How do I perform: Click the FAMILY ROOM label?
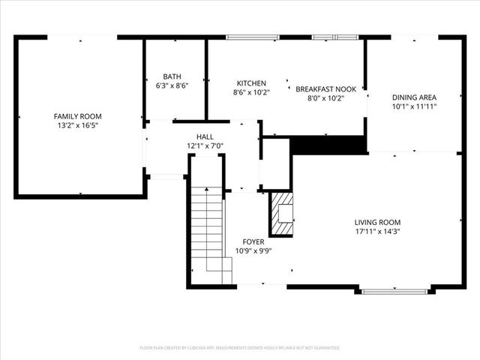(x=77, y=116)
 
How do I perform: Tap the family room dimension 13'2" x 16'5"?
(x=77, y=126)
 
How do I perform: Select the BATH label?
(x=172, y=76)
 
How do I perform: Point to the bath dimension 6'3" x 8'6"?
(x=172, y=85)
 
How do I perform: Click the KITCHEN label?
(x=251, y=82)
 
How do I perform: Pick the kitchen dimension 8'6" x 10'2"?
(x=251, y=92)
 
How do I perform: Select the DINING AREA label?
(x=414, y=97)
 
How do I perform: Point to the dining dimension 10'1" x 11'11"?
(x=414, y=106)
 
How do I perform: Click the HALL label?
(x=205, y=136)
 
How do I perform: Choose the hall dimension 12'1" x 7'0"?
(x=205, y=145)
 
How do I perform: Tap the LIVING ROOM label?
(x=377, y=222)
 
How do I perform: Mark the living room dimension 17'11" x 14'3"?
(x=377, y=232)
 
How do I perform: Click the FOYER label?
(x=253, y=241)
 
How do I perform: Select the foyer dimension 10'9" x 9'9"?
(x=253, y=251)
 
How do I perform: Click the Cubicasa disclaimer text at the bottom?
(x=240, y=348)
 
